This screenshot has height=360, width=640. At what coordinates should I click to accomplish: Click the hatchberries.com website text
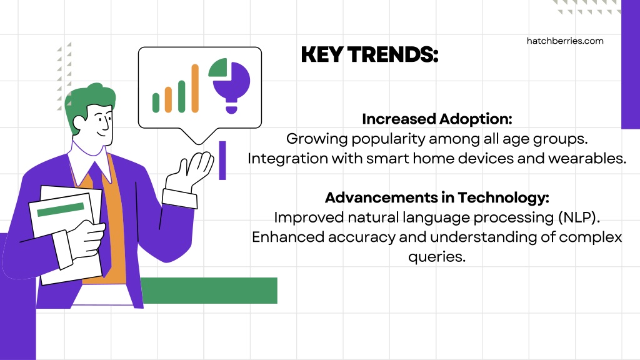[565, 41]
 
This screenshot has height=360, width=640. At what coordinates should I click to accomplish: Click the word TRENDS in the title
[392, 55]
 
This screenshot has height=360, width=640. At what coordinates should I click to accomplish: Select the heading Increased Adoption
[437, 119]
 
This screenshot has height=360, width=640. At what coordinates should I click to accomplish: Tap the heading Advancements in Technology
[437, 197]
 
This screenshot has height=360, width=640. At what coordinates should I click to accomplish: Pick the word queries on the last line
[437, 257]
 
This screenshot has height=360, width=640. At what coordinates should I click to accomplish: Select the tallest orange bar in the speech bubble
[195, 88]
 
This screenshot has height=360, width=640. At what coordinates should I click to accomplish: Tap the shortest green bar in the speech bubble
[156, 102]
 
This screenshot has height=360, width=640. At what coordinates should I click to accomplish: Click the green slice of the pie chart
[218, 67]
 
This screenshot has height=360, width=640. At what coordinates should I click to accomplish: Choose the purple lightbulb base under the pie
[231, 109]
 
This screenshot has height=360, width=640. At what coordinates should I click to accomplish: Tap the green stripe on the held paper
[61, 209]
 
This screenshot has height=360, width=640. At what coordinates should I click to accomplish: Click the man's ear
[79, 123]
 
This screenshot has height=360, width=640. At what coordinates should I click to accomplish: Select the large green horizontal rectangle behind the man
[209, 290]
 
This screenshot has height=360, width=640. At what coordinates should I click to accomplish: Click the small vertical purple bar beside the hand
[222, 161]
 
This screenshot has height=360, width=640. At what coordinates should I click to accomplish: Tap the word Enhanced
[288, 237]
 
